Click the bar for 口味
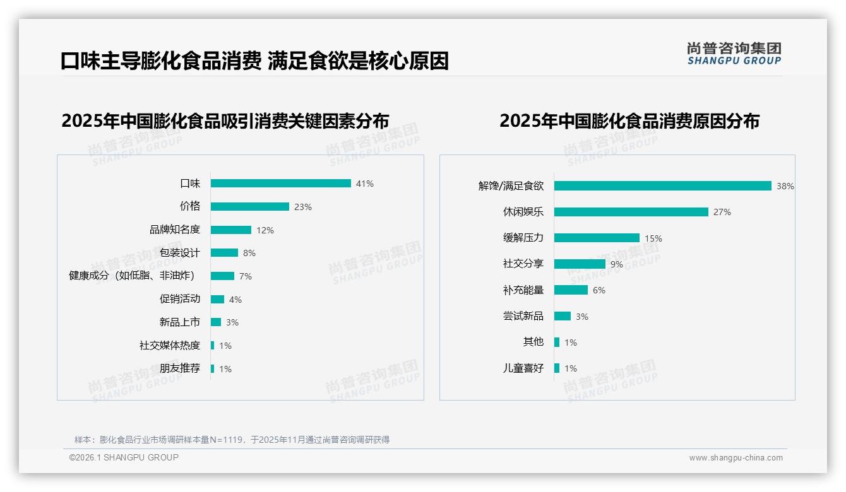[280, 184]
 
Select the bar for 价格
[249, 207]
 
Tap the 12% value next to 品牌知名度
[265, 230]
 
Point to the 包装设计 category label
[180, 253]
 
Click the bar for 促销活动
[217, 300]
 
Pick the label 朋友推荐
[180, 368]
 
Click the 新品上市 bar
[216, 322]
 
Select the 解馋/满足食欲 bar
[662, 186]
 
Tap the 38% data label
[785, 186]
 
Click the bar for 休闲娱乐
[631, 212]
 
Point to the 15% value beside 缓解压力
[653, 238]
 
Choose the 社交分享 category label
[523, 264]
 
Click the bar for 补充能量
[571, 290]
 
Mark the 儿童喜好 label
[523, 368]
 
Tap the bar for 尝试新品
[563, 316]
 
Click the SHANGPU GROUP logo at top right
[734, 54]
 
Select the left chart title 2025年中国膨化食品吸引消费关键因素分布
[225, 120]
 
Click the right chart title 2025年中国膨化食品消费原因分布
[629, 120]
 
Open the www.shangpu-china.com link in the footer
[736, 458]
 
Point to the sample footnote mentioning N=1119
[232, 440]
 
